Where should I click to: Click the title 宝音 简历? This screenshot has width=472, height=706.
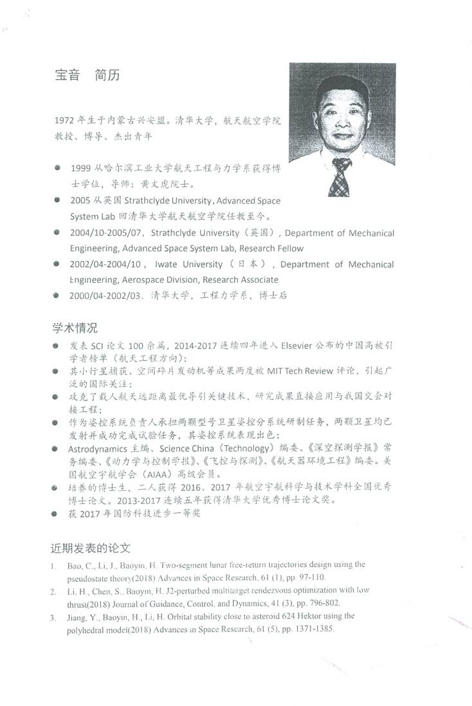[x=87, y=75]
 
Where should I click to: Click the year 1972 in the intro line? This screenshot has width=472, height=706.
[x=66, y=120]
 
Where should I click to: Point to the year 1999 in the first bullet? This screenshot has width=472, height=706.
[x=82, y=168]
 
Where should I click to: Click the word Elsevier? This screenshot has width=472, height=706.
[x=299, y=345]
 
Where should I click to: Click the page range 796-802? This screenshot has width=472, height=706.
[x=322, y=603]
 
